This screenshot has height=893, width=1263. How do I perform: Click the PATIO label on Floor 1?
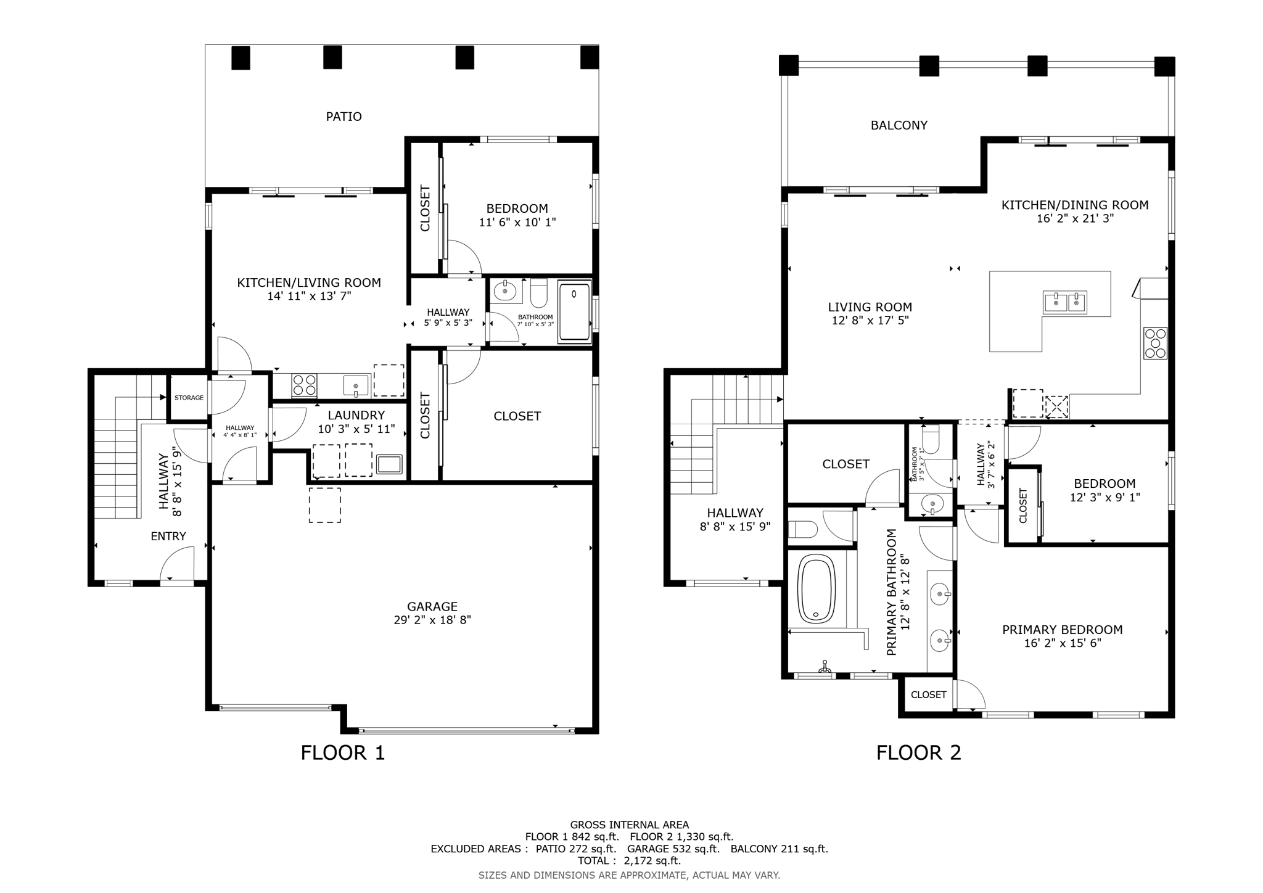[x=344, y=117]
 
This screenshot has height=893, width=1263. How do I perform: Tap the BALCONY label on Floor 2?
[x=899, y=125]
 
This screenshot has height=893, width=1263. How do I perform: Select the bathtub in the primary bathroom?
[x=817, y=588]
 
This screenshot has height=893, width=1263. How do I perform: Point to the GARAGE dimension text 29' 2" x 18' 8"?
[x=432, y=620]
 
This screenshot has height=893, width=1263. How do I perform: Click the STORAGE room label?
[x=189, y=398]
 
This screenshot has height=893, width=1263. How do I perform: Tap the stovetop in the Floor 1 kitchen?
[x=304, y=385]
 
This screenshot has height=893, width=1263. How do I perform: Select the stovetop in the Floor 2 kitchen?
[x=1155, y=343]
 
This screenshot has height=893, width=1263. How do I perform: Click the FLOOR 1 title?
[x=342, y=753]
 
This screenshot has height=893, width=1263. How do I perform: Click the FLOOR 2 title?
[x=918, y=753]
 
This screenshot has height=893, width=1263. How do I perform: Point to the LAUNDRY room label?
[x=356, y=416]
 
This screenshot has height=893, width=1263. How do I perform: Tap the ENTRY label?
[x=168, y=537]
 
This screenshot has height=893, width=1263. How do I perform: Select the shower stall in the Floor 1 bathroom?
[x=574, y=310]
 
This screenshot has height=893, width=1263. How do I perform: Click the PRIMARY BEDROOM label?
[x=1062, y=630]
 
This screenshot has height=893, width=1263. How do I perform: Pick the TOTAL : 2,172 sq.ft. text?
[x=629, y=861]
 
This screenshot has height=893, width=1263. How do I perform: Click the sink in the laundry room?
[x=389, y=464]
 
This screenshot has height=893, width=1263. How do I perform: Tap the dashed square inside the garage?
[x=324, y=505]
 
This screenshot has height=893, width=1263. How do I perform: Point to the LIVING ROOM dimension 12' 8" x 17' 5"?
[x=870, y=321]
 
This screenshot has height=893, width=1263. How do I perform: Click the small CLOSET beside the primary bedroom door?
[x=928, y=695]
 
